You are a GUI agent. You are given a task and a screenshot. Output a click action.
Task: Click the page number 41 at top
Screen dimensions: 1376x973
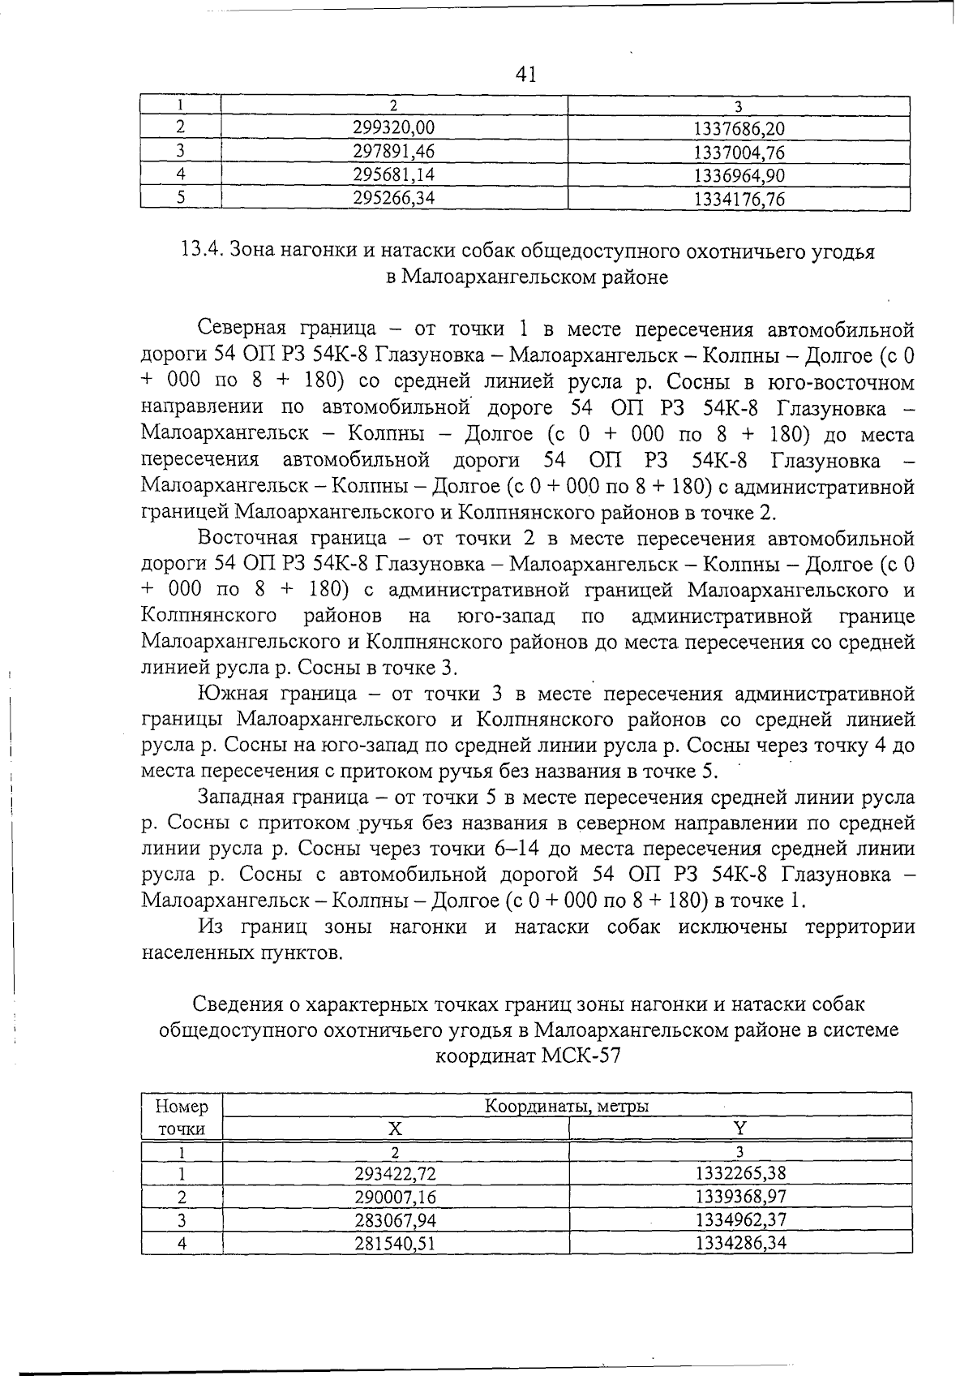point(526,75)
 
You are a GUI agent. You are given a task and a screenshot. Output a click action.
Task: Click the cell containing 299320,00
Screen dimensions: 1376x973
point(394,127)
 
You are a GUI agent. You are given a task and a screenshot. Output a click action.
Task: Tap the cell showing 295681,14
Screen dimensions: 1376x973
point(394,174)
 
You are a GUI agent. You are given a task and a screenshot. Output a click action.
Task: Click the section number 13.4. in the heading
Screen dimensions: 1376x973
point(202,251)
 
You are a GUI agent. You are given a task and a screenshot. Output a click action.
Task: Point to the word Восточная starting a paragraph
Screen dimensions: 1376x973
point(247,538)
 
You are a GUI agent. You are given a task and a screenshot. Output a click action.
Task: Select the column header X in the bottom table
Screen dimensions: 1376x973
point(395,1129)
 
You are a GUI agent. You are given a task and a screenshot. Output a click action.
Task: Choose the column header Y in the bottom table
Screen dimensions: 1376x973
point(739,1129)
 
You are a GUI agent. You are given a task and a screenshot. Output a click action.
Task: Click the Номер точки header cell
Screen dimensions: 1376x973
point(182,1117)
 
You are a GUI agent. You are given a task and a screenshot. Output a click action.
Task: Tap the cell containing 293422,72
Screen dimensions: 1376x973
point(394,1173)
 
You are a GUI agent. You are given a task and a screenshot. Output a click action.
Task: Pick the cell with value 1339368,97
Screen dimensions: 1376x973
point(739,1197)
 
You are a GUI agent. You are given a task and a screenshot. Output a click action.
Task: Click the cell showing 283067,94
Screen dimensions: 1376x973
point(394,1219)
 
